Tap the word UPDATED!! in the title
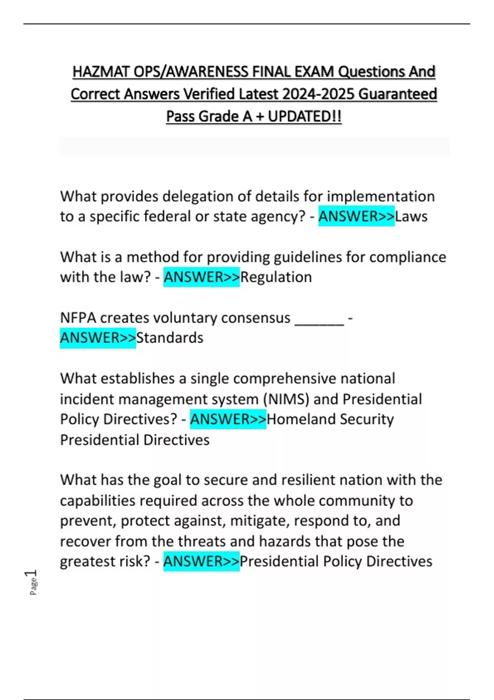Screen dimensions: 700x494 (x=305, y=117)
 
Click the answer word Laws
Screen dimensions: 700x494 (x=411, y=216)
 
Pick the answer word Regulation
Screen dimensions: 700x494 (x=276, y=277)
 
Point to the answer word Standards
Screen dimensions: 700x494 (x=170, y=338)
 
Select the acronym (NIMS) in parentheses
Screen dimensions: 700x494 (x=286, y=399)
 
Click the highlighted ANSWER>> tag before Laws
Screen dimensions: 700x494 (x=356, y=216)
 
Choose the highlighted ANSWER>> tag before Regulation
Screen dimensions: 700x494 (x=201, y=277)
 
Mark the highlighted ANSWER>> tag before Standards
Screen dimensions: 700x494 (x=98, y=338)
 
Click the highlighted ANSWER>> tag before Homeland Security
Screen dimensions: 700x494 (x=228, y=419)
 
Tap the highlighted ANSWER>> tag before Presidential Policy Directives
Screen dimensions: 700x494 (x=201, y=561)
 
